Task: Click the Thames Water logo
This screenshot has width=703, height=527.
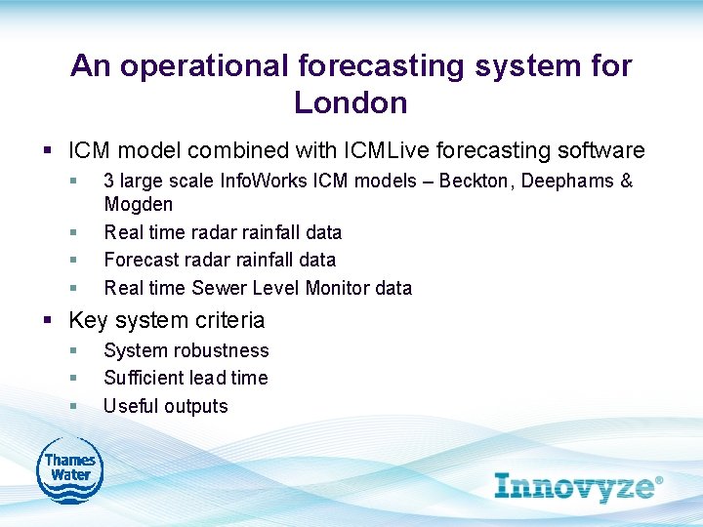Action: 69,470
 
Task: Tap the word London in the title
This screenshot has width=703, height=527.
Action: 351,101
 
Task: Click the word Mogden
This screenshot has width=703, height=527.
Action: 138,205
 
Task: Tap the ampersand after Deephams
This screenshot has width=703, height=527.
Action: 627,182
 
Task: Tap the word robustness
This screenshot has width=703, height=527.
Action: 222,350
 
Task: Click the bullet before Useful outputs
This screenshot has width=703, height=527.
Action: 73,406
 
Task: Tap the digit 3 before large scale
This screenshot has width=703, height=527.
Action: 108,182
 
